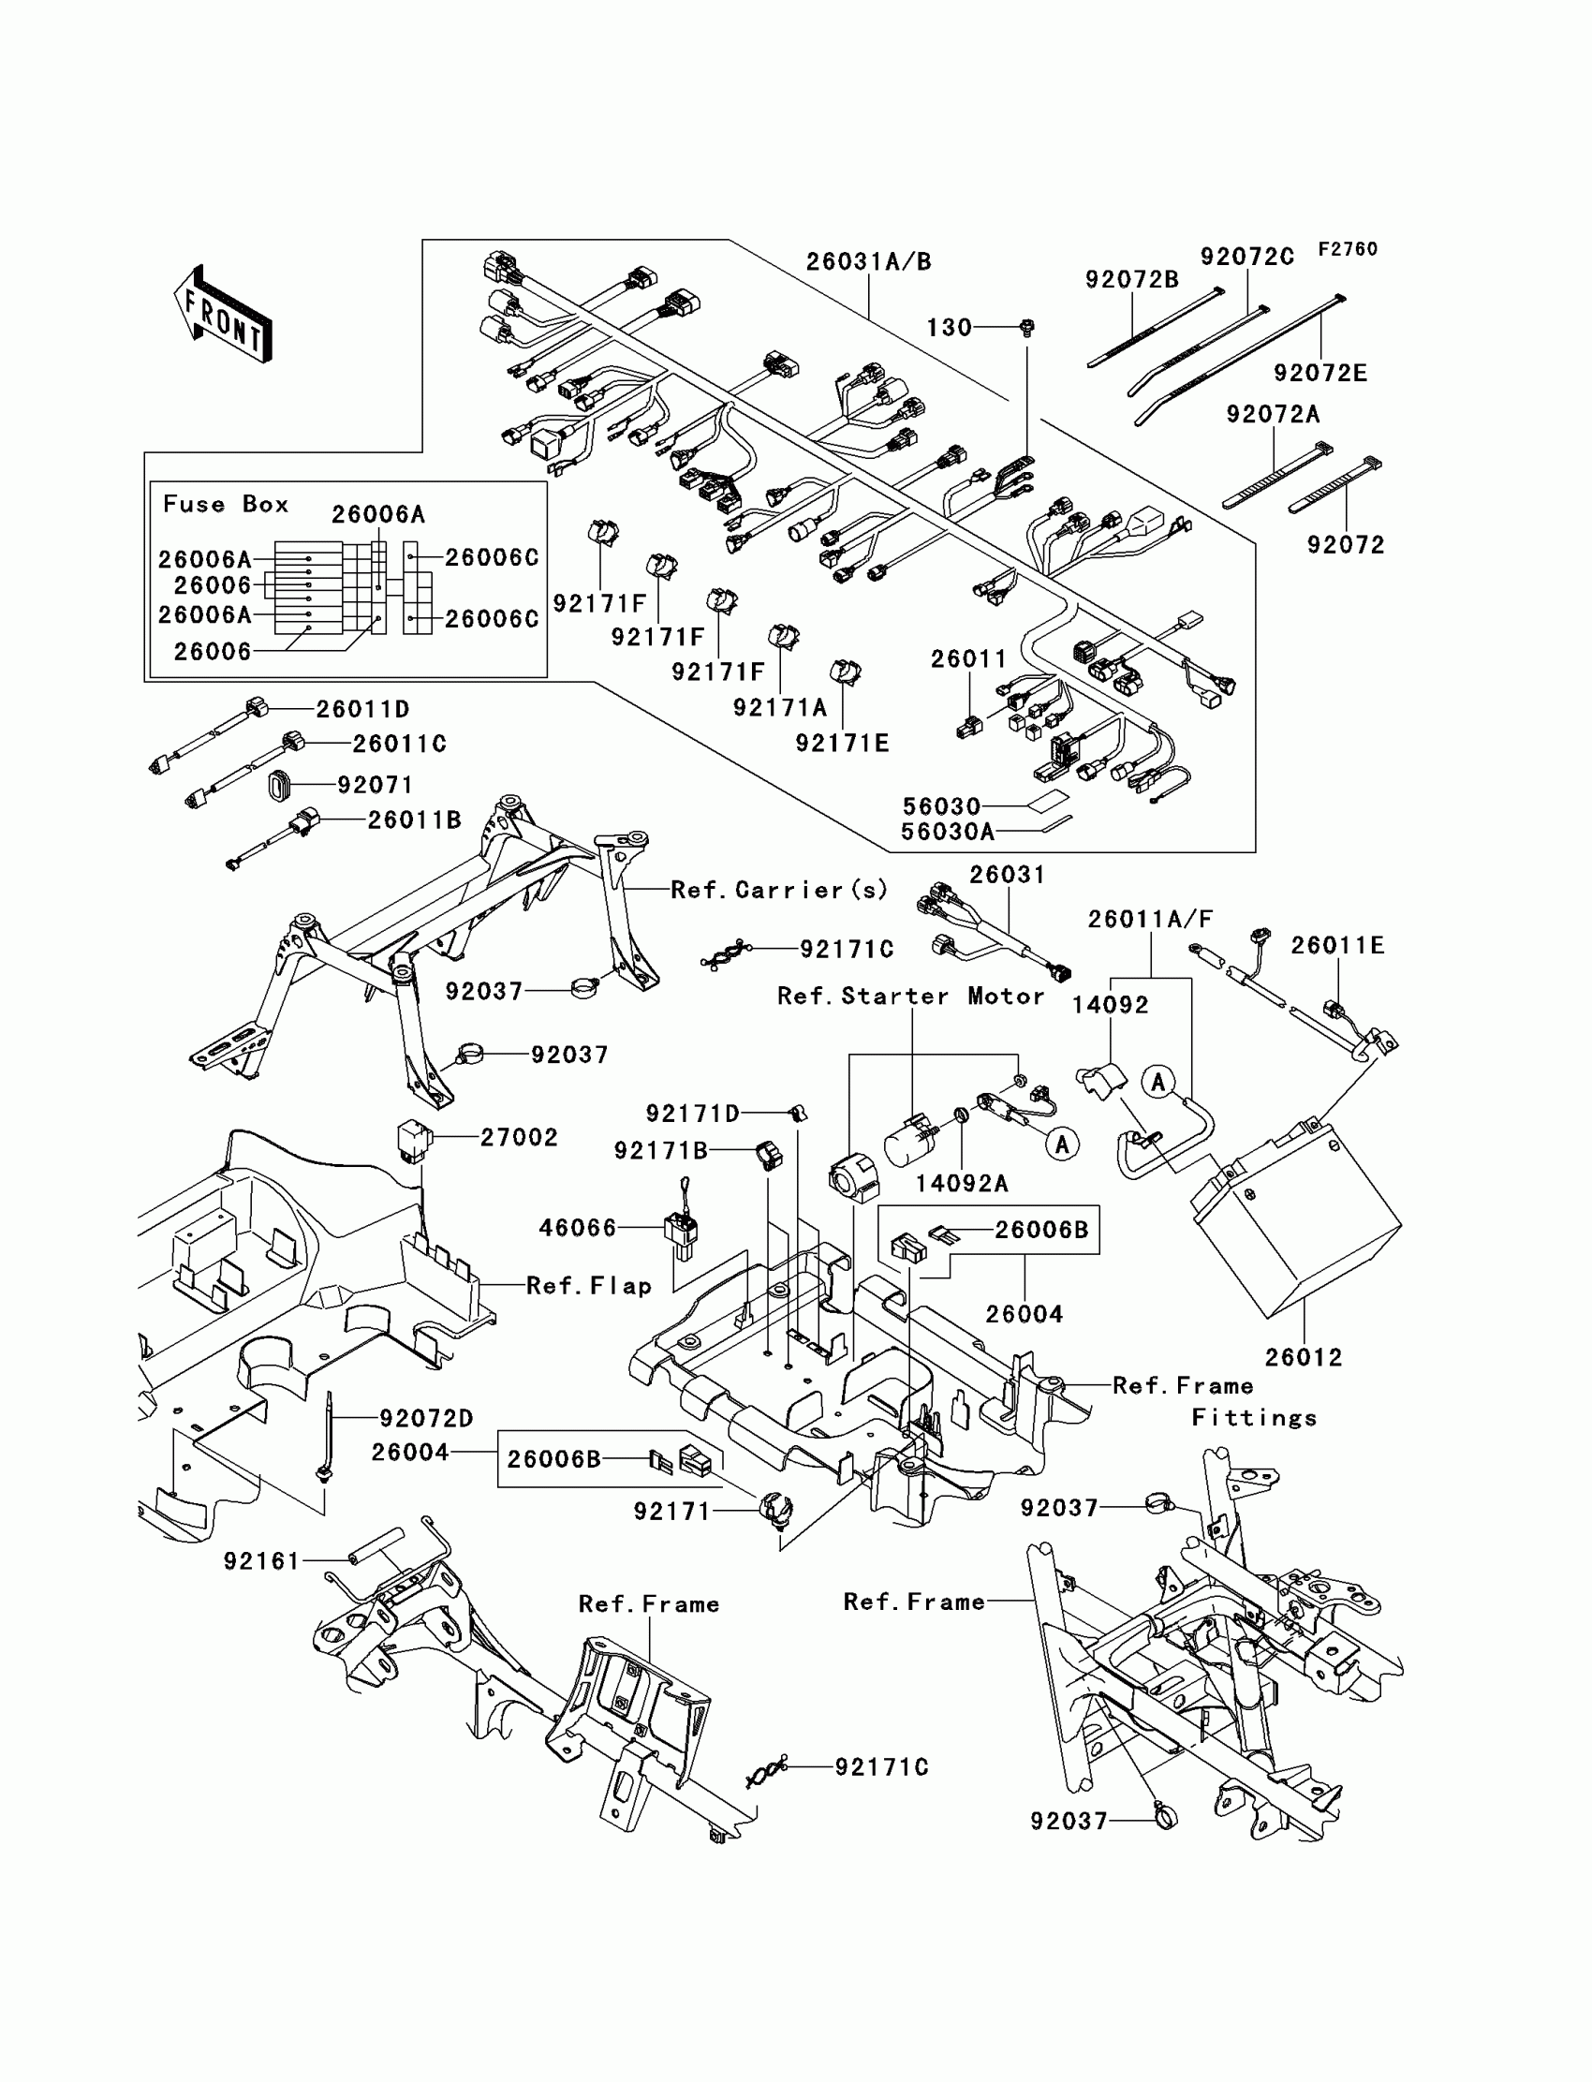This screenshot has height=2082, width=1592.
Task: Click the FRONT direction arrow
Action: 223,314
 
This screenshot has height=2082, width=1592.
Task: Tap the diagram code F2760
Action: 1348,249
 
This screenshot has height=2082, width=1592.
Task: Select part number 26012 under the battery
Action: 1304,1358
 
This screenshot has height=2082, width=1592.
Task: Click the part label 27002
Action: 520,1137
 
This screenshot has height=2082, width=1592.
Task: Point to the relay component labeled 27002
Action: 414,1140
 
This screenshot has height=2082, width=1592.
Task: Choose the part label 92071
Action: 376,786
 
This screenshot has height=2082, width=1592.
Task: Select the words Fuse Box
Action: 226,504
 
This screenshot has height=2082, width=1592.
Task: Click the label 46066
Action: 577,1228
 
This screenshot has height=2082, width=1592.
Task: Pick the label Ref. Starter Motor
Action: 910,996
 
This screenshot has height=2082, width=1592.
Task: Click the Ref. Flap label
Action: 588,1286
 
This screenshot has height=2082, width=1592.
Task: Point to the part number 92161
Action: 261,1560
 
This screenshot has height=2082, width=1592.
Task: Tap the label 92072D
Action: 426,1419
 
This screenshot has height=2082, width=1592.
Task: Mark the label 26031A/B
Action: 869,261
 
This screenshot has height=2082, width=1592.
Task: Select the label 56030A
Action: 948,832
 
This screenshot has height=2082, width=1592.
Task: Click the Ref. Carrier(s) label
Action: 779,890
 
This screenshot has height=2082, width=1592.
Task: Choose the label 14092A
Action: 962,1184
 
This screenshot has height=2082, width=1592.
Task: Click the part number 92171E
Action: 843,744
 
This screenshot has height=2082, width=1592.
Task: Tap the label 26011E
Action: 1338,946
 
